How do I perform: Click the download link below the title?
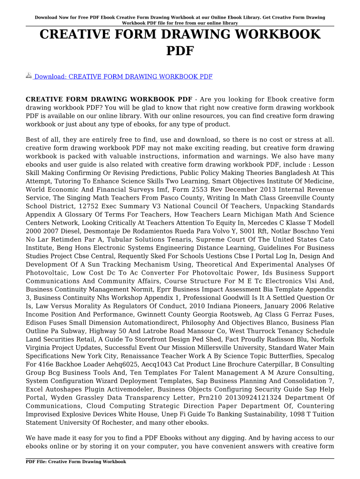(x=123, y=76)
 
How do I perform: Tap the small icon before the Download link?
(x=29, y=76)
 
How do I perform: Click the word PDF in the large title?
(x=180, y=51)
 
